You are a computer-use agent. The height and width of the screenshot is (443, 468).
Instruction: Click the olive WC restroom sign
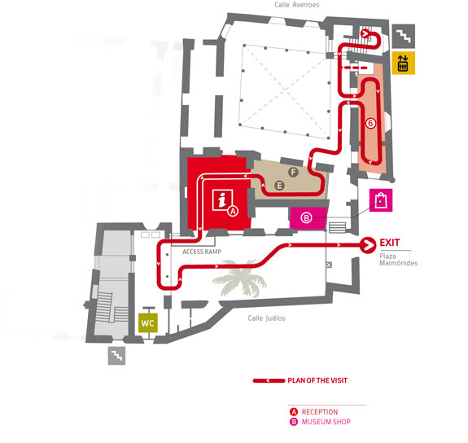click(x=148, y=323)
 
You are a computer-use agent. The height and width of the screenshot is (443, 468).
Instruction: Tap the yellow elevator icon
click(x=403, y=63)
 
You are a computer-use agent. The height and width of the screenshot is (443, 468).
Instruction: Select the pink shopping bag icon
click(x=381, y=200)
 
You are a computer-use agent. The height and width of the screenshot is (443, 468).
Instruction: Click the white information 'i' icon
click(x=222, y=200)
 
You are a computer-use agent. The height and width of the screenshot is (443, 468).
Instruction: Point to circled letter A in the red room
click(x=233, y=211)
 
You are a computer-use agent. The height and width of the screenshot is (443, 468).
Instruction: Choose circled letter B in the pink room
click(x=306, y=217)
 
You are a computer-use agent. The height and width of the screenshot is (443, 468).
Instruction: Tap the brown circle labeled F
click(x=293, y=172)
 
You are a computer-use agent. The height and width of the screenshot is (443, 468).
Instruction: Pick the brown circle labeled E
click(x=279, y=186)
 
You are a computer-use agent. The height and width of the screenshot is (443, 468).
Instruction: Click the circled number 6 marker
click(x=370, y=123)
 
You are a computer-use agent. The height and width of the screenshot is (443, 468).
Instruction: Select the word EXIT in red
click(x=390, y=243)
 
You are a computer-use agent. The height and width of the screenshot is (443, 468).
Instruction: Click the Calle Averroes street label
click(x=297, y=5)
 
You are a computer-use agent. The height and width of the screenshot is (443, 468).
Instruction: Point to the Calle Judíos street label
click(x=266, y=318)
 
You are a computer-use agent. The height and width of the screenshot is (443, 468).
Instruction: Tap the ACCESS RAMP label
click(x=202, y=252)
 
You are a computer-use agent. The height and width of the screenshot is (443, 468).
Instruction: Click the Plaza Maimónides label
click(x=398, y=260)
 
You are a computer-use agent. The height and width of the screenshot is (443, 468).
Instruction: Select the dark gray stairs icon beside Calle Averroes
click(x=403, y=36)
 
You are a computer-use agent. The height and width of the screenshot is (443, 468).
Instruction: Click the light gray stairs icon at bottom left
click(x=116, y=356)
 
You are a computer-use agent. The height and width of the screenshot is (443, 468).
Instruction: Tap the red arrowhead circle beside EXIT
click(x=369, y=245)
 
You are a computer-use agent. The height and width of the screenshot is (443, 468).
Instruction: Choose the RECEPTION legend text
click(x=320, y=412)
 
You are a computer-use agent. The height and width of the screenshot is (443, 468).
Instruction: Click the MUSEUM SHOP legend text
click(x=326, y=422)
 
